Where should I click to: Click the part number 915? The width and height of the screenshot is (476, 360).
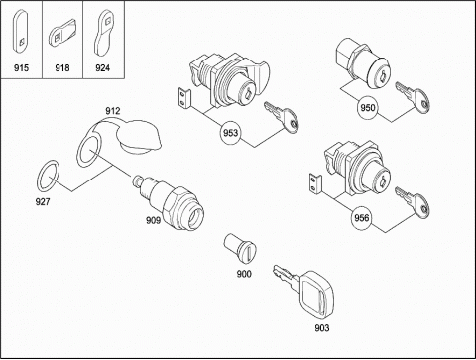pos(21,68)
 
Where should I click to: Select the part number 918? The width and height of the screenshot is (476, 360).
pos(62,68)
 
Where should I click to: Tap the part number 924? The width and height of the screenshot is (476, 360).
pos(102,68)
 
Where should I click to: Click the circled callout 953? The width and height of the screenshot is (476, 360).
pos(230,133)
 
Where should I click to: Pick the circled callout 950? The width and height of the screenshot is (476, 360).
pos(368,108)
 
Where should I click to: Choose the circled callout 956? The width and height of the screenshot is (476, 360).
pos(362,218)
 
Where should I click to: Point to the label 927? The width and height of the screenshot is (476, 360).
pos(43,201)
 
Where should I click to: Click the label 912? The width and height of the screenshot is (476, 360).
pos(113,111)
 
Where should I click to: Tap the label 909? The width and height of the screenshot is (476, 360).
pos(154,220)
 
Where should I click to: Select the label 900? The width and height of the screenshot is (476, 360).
pos(244,274)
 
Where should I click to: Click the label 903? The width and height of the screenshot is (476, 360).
pos(322,328)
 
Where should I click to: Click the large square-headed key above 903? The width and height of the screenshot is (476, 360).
pos(305,289)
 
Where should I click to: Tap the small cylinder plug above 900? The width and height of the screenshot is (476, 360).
pos(241,249)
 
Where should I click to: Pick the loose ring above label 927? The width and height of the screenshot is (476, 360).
pos(48,176)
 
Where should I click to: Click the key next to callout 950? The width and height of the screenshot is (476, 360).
pos(414,96)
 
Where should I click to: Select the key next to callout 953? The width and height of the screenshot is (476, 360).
pos(282,117)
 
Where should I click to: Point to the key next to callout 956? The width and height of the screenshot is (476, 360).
pos(413,202)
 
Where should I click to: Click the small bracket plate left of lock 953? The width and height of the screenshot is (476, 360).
pos(184,99)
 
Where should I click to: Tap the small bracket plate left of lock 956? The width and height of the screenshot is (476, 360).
pos(315,184)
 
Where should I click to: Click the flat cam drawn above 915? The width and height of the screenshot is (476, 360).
pos(21,31)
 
